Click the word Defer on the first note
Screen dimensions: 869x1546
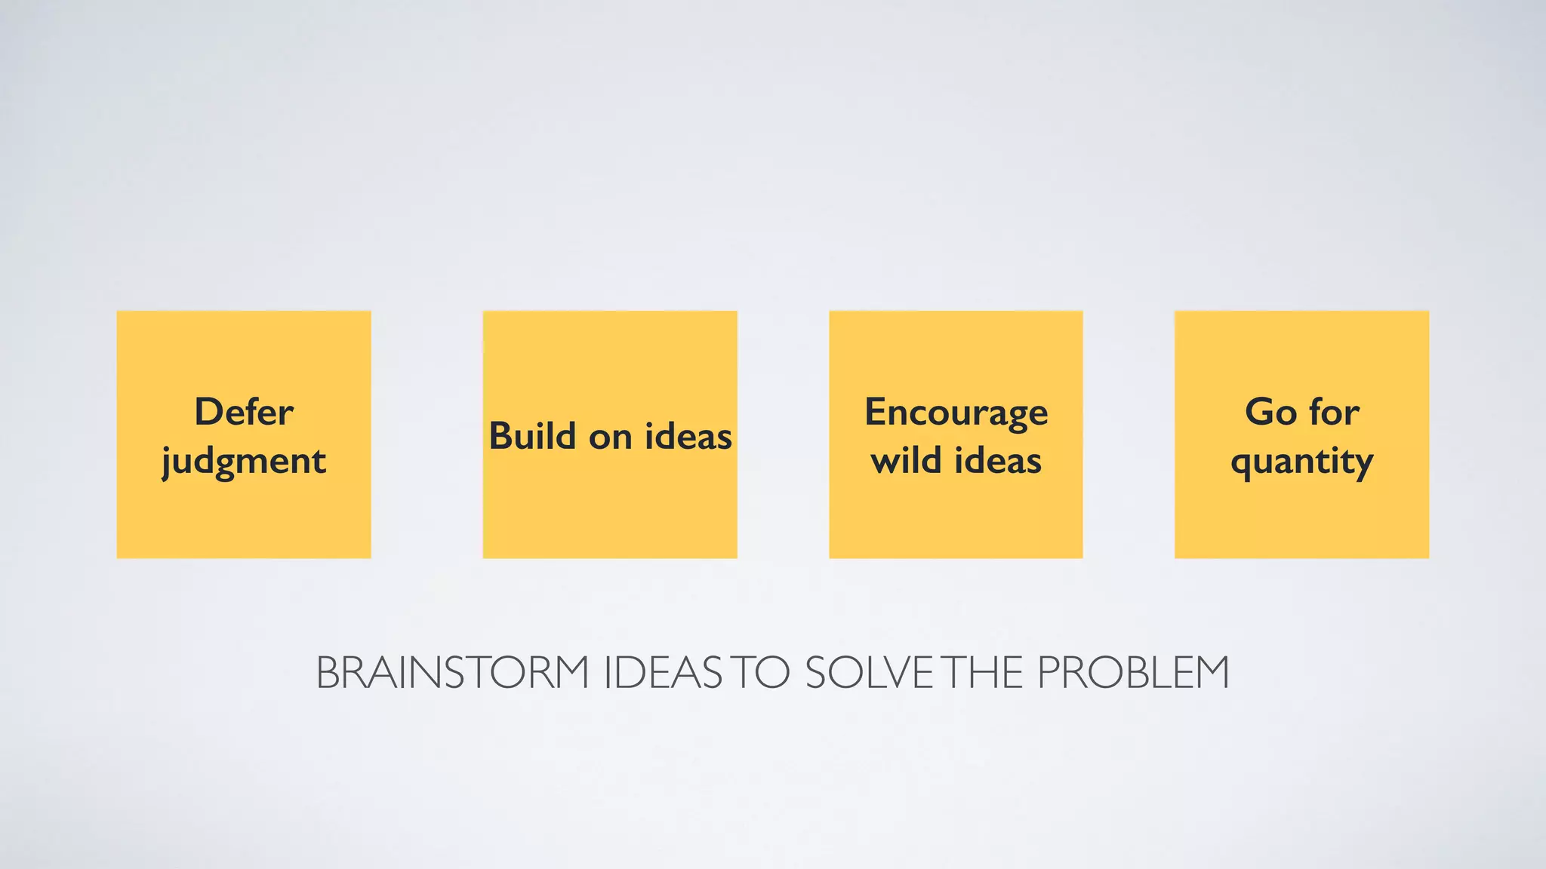[244, 412]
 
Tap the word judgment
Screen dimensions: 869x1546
[244, 462]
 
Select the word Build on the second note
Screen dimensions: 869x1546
[532, 436]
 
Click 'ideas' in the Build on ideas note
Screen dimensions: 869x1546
[688, 436]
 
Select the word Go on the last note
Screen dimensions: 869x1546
[1270, 412]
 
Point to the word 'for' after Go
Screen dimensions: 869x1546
[1335, 412]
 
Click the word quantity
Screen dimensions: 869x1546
[1301, 462]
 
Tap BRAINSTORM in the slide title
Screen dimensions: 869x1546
[452, 672]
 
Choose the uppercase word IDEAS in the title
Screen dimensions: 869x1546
[664, 672]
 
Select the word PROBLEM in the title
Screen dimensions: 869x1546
[1133, 672]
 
